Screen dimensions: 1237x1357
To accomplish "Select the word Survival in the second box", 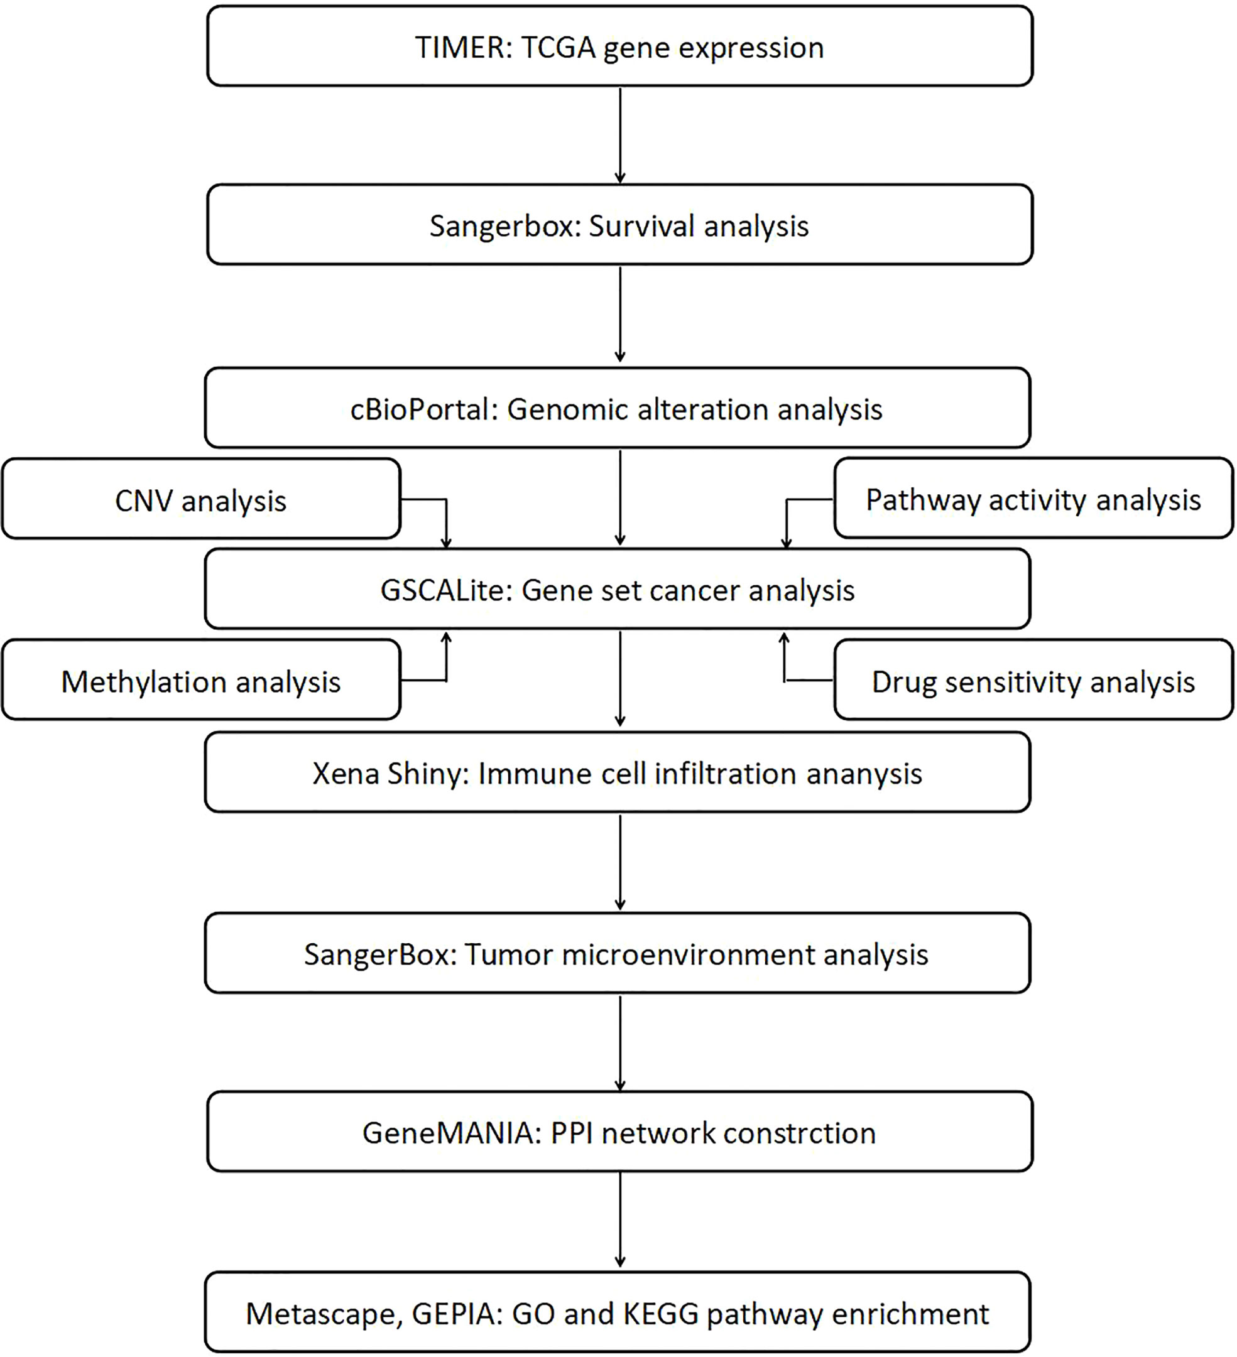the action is [641, 226].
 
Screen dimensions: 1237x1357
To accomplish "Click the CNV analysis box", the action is [201, 499].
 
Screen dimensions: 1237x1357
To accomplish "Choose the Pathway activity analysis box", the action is [1033, 498].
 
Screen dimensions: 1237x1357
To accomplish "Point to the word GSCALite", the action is [447, 590].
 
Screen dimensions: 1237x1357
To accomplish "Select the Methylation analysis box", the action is [201, 680].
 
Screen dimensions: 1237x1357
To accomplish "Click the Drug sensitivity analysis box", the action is [1033, 680].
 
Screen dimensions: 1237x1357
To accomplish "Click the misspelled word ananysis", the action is [864, 774].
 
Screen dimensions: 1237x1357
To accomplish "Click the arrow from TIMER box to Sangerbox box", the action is [620, 135].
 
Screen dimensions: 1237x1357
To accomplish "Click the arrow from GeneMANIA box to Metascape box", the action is [620, 1220].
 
